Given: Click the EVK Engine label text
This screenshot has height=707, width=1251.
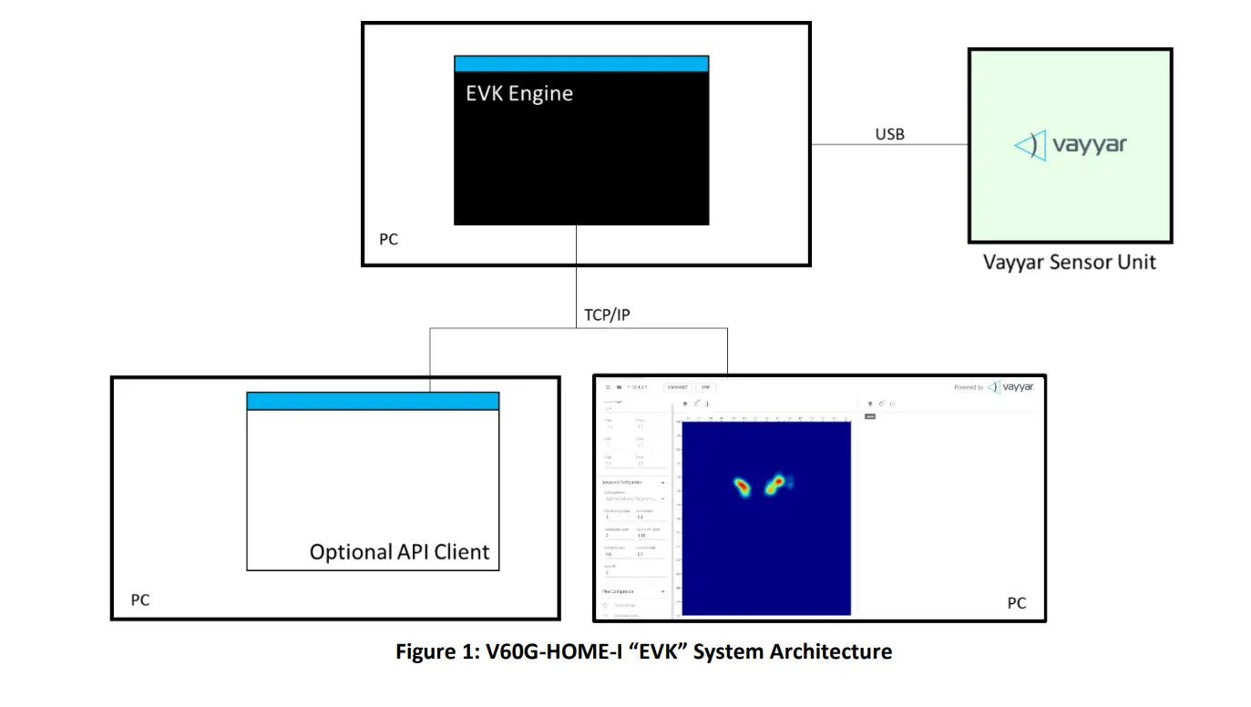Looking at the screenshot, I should click(x=519, y=94).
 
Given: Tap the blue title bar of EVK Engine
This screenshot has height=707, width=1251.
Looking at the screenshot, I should click(x=581, y=64).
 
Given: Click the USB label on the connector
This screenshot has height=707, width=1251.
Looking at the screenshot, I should click(x=889, y=134).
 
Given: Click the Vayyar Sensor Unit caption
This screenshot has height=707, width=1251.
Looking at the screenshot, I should click(x=1070, y=262).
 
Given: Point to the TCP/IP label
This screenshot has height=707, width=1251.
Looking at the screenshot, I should click(x=607, y=314).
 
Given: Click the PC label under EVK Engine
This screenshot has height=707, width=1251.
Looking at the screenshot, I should click(x=389, y=240).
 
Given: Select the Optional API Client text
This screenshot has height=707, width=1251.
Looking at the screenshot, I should click(x=399, y=552).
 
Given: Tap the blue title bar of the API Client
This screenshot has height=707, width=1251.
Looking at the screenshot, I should click(x=373, y=401).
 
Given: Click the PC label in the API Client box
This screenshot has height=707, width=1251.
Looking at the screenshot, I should click(x=139, y=600).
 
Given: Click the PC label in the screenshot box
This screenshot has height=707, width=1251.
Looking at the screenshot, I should click(x=1016, y=603).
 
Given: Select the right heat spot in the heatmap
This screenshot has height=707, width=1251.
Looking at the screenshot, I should click(x=775, y=484).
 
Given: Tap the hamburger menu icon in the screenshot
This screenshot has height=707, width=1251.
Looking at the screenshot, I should click(x=608, y=387).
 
